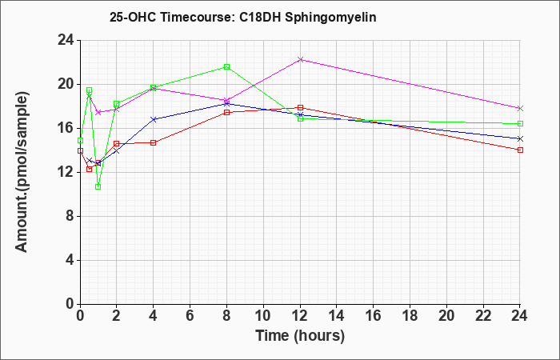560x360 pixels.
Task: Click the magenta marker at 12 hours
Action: tap(300, 60)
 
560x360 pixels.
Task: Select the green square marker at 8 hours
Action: tap(226, 66)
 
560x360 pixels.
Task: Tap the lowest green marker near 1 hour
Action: tap(98, 186)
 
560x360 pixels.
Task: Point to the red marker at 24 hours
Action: tap(520, 150)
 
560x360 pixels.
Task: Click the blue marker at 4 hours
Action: tap(154, 119)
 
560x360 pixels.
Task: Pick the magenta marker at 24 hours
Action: tap(520, 108)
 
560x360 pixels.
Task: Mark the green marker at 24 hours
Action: tap(520, 123)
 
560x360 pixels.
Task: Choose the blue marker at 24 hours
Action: tap(520, 138)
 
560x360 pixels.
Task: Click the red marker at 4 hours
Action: tap(154, 143)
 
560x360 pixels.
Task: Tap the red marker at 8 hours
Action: tap(226, 113)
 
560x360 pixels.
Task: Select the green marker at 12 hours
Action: tap(300, 118)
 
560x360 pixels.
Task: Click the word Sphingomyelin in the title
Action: tap(330, 17)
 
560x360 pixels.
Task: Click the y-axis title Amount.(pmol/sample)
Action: tap(22, 172)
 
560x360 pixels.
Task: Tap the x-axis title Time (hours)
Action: tap(300, 336)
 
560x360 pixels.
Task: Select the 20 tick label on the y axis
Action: tap(66, 85)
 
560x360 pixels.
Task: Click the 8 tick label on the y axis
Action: tap(70, 217)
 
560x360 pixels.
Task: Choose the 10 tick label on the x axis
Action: tap(263, 316)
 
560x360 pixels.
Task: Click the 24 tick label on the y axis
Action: tap(66, 41)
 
